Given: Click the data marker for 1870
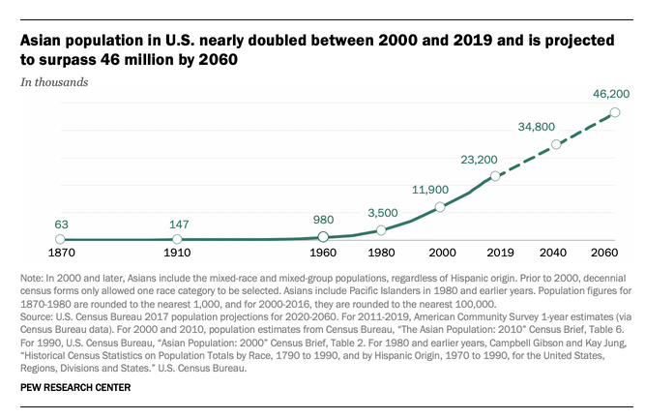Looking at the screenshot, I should click(60, 239).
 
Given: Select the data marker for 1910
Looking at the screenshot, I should click(177, 238).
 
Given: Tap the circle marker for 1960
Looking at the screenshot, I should click(323, 237).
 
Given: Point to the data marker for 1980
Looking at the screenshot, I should click(381, 230).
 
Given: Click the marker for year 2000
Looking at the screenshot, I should click(440, 207).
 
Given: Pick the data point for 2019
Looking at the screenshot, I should click(495, 176).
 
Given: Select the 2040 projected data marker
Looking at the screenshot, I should click(556, 144).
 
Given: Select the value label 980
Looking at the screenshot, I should click(323, 220).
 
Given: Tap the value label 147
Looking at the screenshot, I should click(177, 221).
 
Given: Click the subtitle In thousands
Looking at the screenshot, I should click(55, 82).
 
